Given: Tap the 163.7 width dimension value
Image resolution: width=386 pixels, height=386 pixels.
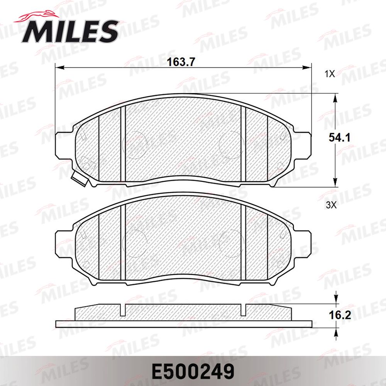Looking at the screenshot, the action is click(x=181, y=62).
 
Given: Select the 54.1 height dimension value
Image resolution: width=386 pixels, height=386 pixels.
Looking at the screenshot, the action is click(x=339, y=138).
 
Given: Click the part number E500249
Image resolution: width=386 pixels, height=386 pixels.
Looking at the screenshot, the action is click(x=193, y=372).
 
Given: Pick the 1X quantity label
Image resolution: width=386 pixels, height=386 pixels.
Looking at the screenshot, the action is click(x=330, y=74).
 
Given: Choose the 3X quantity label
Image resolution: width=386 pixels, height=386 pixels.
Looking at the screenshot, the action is click(x=331, y=205).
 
